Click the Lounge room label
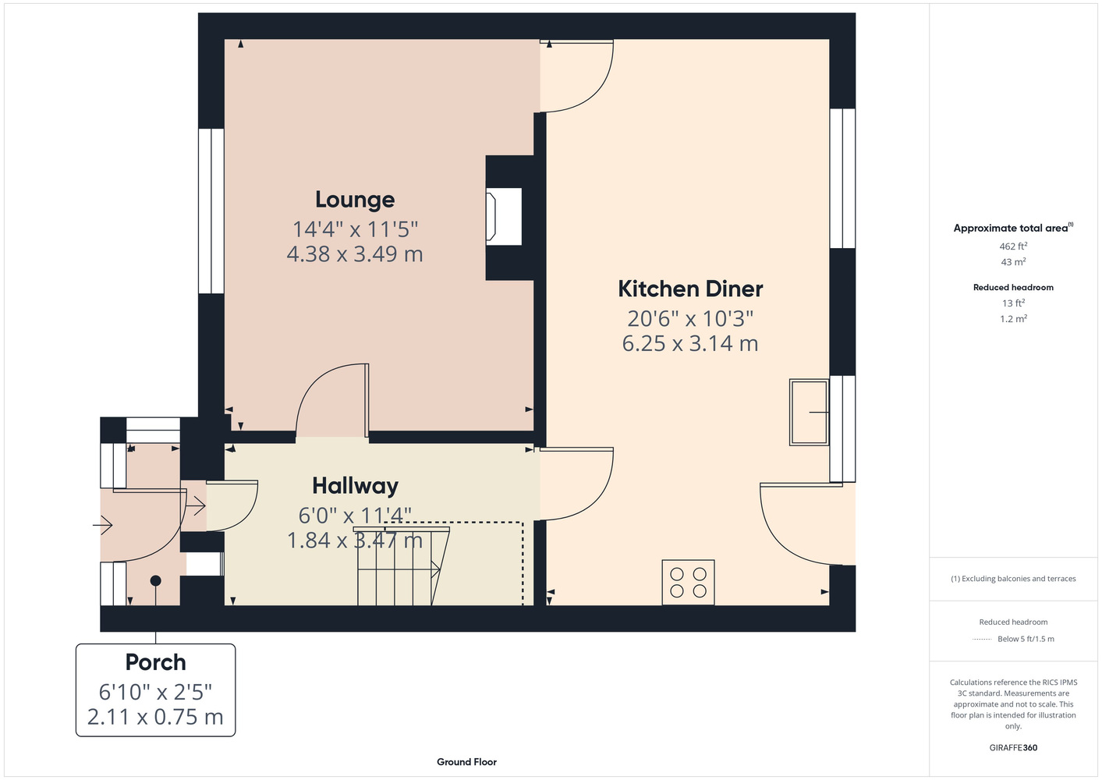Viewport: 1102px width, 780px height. [x=355, y=200]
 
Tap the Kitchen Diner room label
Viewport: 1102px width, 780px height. [x=690, y=289]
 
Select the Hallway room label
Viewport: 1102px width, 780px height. [x=355, y=486]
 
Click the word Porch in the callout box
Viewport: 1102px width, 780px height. [x=155, y=662]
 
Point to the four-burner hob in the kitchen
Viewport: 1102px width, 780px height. [x=688, y=582]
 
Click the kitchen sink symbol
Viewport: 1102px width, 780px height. [x=810, y=413]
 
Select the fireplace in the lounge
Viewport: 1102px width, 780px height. [x=504, y=217]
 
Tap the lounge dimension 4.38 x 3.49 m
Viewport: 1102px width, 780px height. [x=355, y=254]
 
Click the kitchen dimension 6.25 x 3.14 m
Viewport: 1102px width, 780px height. [x=690, y=343]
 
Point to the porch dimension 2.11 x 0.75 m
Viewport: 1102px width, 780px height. [x=155, y=717]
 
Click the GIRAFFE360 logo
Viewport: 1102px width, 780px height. [x=1013, y=747]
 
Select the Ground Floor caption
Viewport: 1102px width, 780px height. [x=467, y=762]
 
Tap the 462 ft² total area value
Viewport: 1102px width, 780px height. [x=1013, y=246]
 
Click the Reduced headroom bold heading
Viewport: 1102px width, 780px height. [x=1013, y=287]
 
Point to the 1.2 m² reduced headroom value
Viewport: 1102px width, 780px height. [x=1013, y=319]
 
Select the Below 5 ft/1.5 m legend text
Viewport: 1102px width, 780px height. [x=1026, y=639]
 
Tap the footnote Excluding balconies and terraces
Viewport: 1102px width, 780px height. [x=1013, y=579]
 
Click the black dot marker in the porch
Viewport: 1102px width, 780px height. [x=155, y=580]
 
